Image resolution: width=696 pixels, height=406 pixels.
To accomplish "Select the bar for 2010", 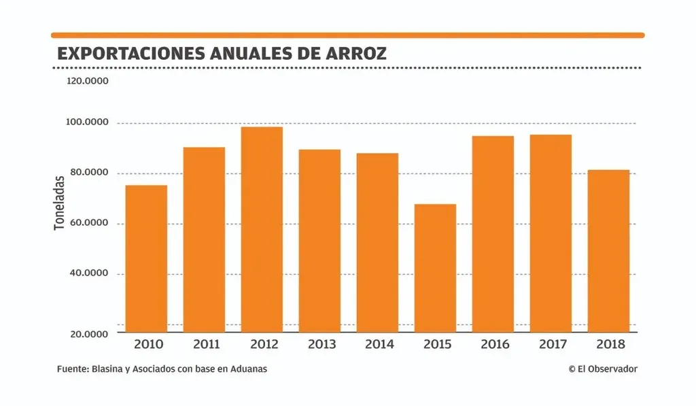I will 146,258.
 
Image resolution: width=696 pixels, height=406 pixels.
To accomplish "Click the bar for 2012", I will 262,229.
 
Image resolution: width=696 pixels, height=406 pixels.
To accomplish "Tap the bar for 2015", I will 435,268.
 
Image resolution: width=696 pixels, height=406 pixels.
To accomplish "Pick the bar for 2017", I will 551,233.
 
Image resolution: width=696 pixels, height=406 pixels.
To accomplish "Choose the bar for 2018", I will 608,251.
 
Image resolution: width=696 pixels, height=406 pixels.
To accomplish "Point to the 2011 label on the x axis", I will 206,344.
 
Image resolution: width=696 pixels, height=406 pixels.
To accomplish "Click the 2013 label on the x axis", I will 321,344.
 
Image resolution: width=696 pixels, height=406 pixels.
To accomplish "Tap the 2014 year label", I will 379,344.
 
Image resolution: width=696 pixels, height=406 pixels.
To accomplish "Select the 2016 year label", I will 495,344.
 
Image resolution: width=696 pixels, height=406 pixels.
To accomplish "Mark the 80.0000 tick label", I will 88,173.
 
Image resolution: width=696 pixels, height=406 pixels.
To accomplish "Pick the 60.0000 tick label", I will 88,223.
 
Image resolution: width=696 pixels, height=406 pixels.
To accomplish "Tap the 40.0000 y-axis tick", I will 88,273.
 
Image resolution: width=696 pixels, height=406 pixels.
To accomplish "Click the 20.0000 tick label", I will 88,334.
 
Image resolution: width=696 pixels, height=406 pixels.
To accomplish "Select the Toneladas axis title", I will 59,202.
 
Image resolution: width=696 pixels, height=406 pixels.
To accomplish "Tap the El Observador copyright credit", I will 603,369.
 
